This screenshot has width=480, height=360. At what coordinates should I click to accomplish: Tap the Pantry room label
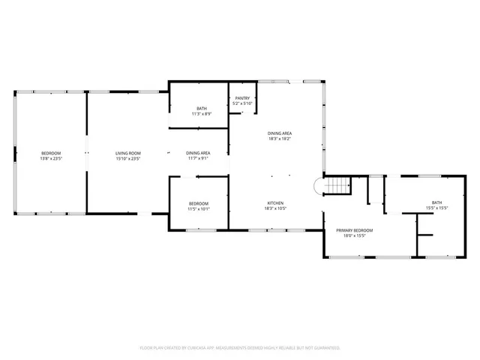[242, 97]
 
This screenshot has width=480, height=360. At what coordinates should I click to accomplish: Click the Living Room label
[128, 153]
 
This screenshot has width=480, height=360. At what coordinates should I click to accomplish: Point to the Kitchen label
[275, 203]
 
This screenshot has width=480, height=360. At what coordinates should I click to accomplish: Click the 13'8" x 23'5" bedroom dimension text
[51, 159]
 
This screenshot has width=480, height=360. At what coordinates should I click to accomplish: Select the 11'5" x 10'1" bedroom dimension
[199, 209]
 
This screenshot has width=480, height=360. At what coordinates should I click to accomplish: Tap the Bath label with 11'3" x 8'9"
[199, 108]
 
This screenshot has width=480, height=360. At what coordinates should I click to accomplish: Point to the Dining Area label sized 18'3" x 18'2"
[280, 133]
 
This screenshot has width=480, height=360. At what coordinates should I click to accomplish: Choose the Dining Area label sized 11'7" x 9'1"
[198, 153]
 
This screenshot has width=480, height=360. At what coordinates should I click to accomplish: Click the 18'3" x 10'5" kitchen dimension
[275, 209]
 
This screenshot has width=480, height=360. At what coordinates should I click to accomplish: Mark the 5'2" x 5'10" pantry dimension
[242, 103]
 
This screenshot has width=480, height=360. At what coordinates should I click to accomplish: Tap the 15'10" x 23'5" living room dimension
[128, 159]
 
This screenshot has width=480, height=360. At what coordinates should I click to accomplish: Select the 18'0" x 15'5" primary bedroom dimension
[354, 235]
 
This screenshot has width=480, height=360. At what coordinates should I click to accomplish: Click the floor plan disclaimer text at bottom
[240, 348]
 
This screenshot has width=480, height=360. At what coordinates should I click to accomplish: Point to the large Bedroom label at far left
[51, 153]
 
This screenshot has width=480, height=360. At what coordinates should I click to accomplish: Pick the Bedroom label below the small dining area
[199, 203]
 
